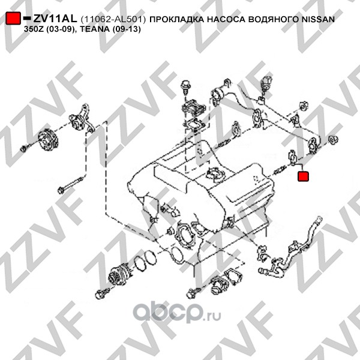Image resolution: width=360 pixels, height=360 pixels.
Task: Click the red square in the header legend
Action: pos(13,18)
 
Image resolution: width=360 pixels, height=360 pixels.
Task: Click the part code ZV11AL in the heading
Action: pos(55,19)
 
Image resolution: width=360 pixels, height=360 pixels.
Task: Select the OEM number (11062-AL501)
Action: pos(113,20)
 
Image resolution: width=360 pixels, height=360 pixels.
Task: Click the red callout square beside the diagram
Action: pos(303,176)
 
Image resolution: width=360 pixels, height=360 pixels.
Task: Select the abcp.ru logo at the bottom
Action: pos(177,312)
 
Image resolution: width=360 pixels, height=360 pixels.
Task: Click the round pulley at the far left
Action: pos(48,140)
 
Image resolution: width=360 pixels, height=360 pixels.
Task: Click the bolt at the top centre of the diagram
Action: pos(185,87)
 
